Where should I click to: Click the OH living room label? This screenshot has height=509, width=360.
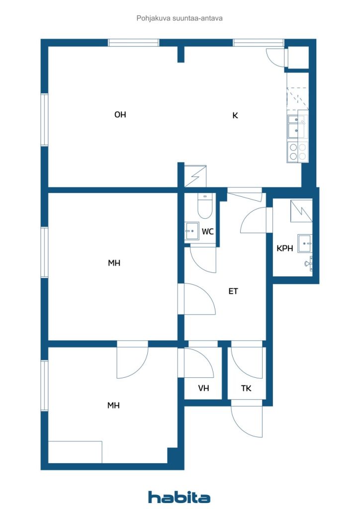pyautogui.click(x=120, y=115)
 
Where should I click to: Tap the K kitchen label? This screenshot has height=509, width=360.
pyautogui.click(x=235, y=115)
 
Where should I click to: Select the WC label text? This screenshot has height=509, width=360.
pyautogui.click(x=208, y=232)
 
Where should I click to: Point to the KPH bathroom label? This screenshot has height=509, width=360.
pyautogui.click(x=285, y=249)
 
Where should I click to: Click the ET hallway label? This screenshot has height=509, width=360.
pyautogui.click(x=233, y=291)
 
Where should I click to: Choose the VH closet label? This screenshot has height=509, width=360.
pyautogui.click(x=203, y=388)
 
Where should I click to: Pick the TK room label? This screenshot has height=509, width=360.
pyautogui.click(x=246, y=388)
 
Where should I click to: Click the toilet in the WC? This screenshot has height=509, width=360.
pyautogui.click(x=205, y=206)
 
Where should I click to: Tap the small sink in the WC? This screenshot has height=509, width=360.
pyautogui.click(x=191, y=231)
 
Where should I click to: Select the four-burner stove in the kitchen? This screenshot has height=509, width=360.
pyautogui.click(x=298, y=152)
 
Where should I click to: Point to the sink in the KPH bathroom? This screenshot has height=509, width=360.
pyautogui.click(x=305, y=243)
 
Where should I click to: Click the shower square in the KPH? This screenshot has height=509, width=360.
pyautogui.click(x=301, y=211)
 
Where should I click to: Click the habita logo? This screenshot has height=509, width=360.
pyautogui.click(x=179, y=497)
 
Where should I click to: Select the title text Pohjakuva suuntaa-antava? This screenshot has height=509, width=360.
pyautogui.click(x=180, y=18)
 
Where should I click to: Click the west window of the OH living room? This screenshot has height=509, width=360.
pyautogui.click(x=44, y=120)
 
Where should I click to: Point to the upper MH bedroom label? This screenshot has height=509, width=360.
pyautogui.click(x=114, y=263)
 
